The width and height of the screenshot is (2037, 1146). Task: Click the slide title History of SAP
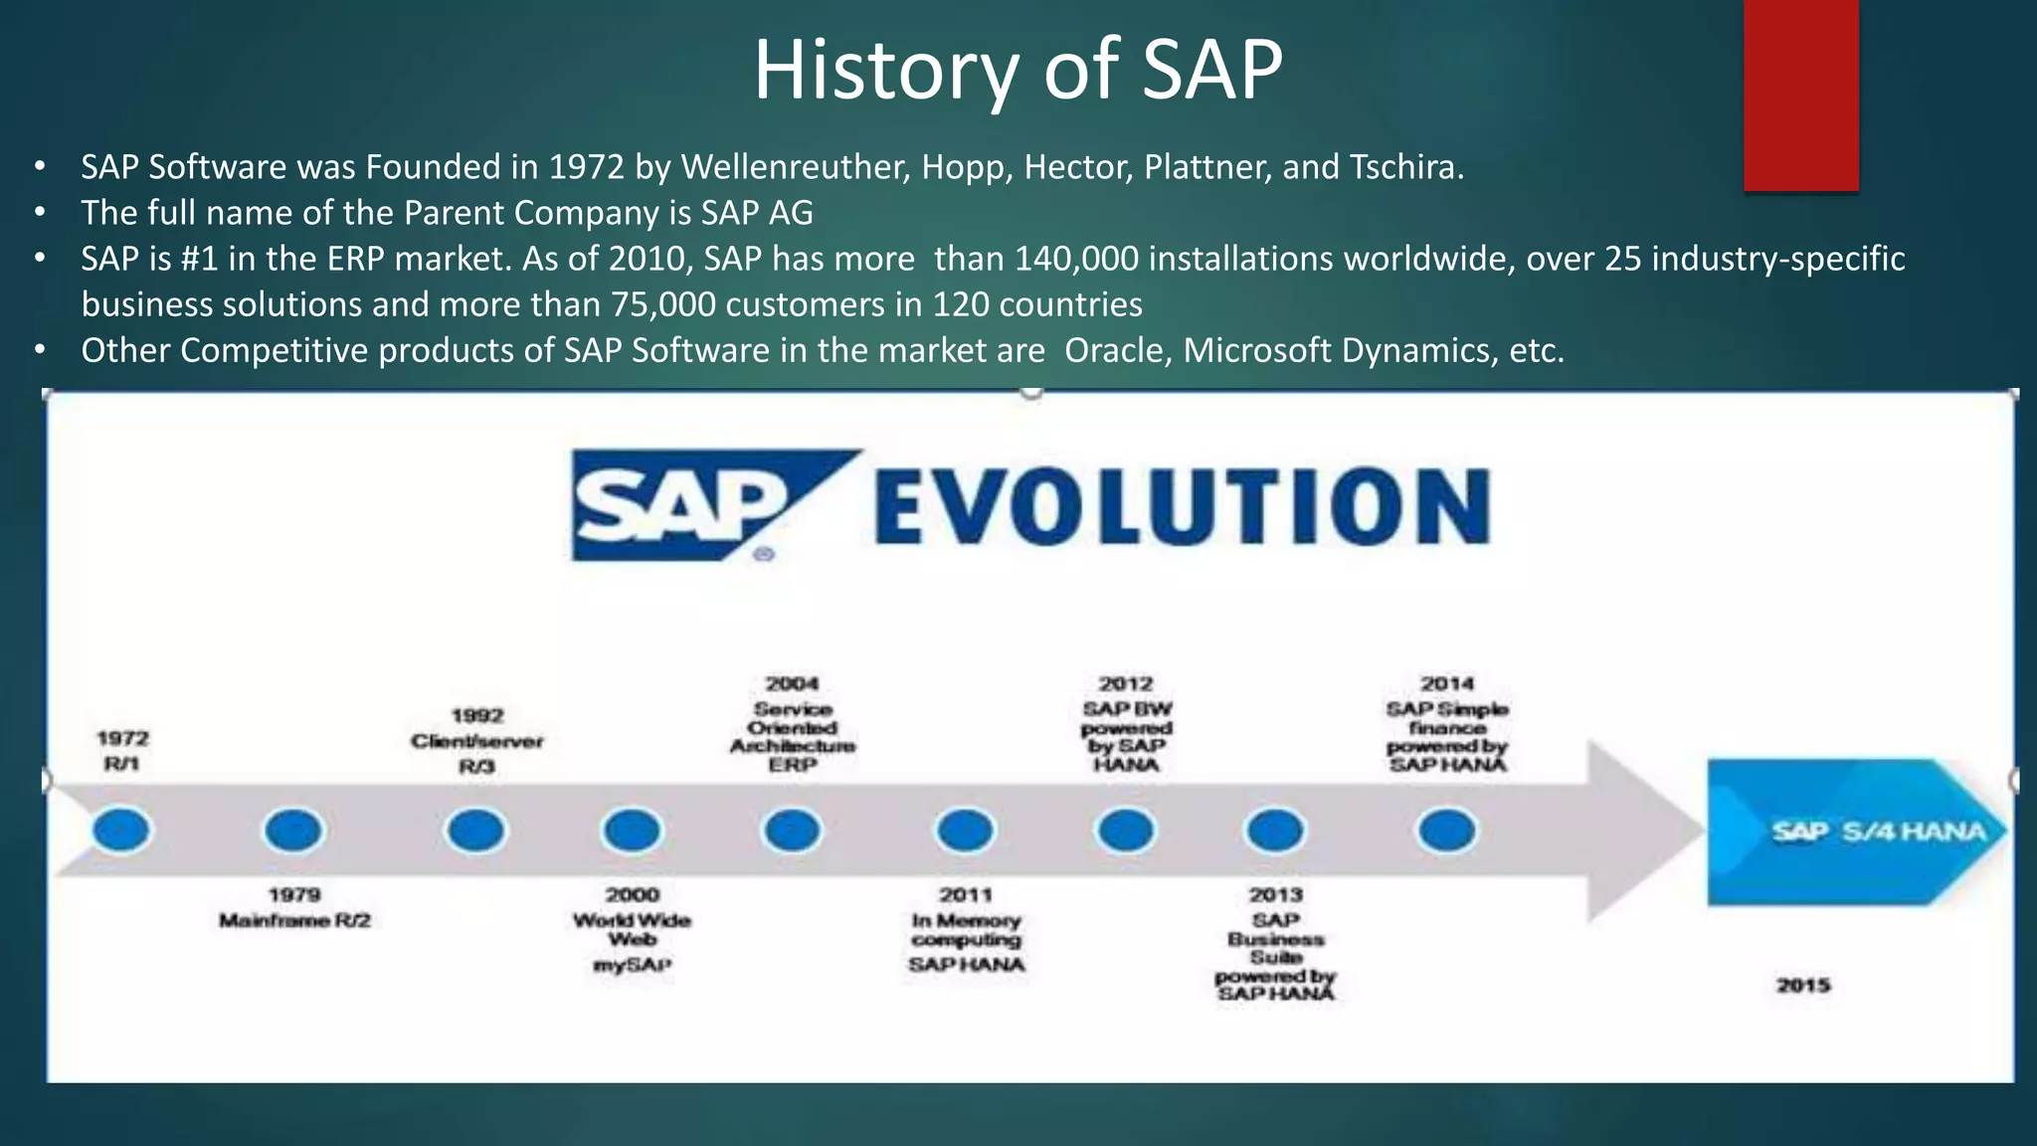(1018, 70)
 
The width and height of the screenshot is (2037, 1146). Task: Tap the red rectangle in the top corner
(1800, 95)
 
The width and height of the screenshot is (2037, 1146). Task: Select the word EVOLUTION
(1182, 507)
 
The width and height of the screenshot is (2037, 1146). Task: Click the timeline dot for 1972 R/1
(121, 830)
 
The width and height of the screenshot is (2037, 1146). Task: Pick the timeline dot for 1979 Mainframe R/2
(293, 830)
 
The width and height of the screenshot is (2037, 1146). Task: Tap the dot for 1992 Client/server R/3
(475, 830)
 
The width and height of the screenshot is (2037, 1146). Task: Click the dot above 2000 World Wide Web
(632, 830)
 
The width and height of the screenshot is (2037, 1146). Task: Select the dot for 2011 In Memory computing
(965, 830)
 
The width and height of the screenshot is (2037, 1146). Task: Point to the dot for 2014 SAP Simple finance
(1446, 830)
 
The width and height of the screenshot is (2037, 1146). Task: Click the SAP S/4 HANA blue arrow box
(1855, 832)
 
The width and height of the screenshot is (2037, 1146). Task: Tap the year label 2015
(1803, 985)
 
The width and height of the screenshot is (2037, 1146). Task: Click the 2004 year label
(792, 683)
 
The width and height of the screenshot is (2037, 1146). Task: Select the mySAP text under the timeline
(633, 965)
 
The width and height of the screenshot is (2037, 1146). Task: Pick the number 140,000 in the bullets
(1076, 259)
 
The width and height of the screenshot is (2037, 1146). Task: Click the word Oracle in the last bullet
(1114, 350)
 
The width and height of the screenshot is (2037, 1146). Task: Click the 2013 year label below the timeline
(1275, 894)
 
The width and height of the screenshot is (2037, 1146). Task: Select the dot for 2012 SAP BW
(1125, 830)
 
